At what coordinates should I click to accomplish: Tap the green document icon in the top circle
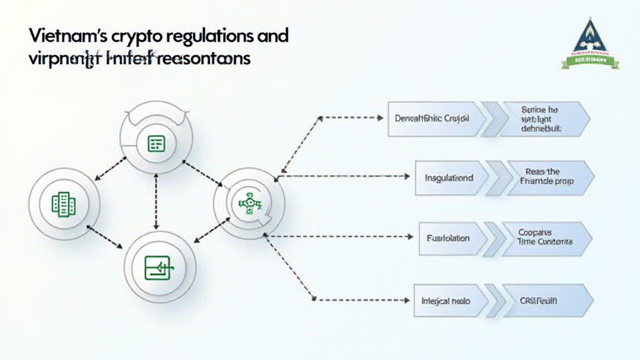click(x=156, y=144)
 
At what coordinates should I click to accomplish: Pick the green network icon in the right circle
click(x=248, y=202)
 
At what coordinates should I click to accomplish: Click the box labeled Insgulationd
click(x=449, y=177)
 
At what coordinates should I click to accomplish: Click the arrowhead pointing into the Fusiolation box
click(x=410, y=237)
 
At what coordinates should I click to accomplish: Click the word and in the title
click(x=270, y=36)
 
